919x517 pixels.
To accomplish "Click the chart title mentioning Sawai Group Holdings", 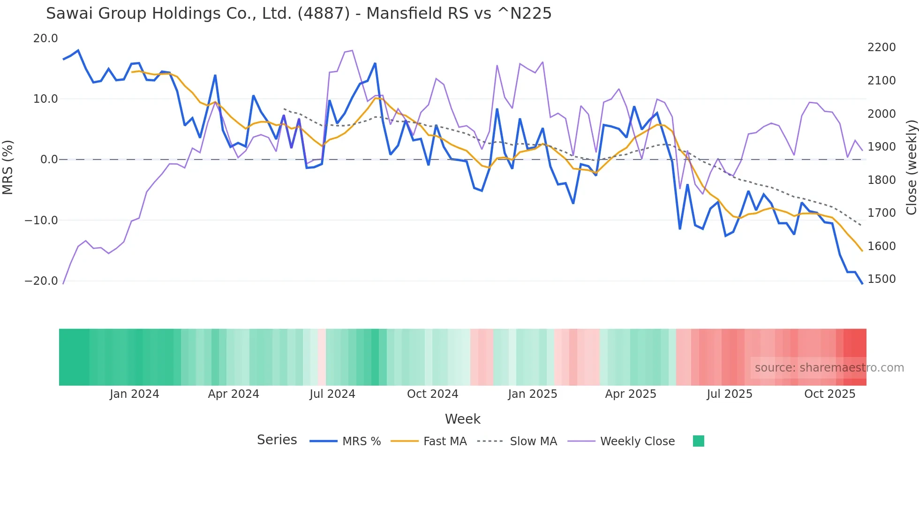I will [299, 14].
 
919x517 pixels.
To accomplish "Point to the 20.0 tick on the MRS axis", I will [45, 38].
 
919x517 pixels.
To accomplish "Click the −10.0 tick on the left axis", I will [41, 220].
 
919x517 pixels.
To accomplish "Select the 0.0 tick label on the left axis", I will [49, 160].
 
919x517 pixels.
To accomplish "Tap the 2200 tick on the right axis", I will [881, 47].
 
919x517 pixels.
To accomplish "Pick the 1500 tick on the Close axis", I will [881, 279].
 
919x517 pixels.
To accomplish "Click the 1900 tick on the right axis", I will [881, 147].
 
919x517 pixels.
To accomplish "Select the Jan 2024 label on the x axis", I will [135, 394].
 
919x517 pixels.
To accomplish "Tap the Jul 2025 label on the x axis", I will [730, 394].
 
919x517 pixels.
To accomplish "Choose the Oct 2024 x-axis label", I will [432, 394].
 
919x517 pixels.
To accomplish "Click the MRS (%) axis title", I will [8, 167].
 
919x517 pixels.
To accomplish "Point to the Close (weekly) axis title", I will [911, 167].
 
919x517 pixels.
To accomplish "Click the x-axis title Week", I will [462, 419].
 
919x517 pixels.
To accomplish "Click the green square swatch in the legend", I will [698, 441].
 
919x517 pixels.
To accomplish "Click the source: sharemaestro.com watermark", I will [829, 368].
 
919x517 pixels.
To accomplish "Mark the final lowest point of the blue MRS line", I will [862, 283].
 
